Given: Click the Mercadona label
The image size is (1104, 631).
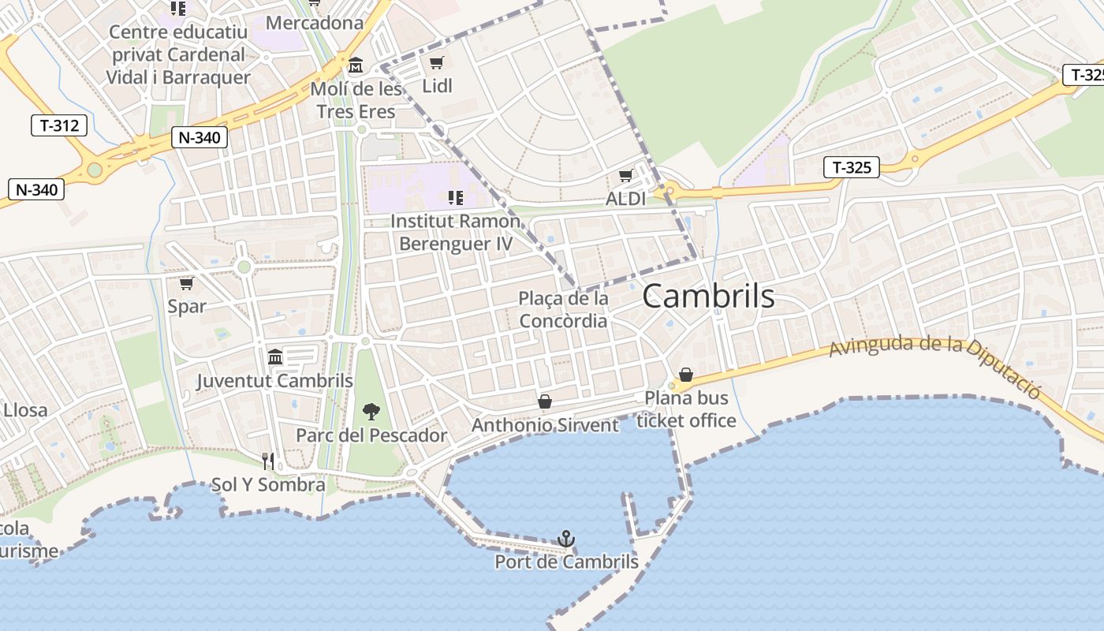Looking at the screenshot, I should pos(315,23).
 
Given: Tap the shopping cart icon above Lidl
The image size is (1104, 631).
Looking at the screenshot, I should pos(436,63).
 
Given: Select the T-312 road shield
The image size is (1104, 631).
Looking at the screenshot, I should pos(59,125).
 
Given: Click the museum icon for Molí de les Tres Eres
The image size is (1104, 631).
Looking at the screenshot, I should pos(356,65).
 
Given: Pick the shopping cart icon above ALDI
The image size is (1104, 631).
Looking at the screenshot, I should pos(626,176).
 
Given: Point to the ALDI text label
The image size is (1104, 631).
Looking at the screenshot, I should pos(625,199).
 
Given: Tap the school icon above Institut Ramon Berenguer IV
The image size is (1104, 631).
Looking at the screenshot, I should pos(455,197).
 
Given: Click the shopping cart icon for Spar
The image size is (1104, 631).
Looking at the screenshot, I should pos(187,283).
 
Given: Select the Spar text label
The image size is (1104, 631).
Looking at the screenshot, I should pos(187,306).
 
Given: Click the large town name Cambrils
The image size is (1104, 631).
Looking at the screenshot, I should pos(708,297).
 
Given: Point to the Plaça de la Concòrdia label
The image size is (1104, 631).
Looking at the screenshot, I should pos(563,310).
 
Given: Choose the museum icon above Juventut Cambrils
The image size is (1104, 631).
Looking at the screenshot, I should pos(275,357).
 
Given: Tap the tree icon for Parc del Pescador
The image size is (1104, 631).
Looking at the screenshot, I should pos(371,411).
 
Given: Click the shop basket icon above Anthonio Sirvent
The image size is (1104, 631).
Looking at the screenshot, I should pos(545,402).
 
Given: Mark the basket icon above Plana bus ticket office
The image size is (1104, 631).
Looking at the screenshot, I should pos(686,375).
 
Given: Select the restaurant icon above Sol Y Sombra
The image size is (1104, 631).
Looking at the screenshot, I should pos(268,461).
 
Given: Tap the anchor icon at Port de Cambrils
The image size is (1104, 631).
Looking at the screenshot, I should pos(565,540).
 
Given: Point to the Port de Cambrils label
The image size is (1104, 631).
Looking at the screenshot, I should pos(566,562).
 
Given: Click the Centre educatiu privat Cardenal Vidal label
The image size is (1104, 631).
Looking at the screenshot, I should pos(178,55).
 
